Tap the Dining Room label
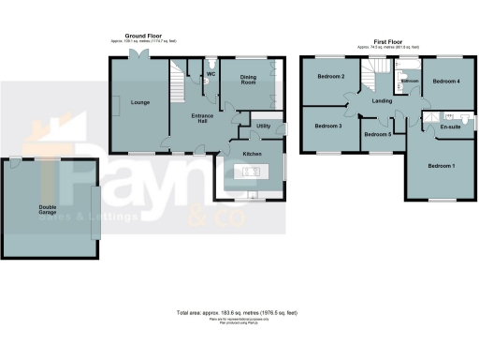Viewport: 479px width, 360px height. (x=248, y=81)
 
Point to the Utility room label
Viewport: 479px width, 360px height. (x=263, y=125)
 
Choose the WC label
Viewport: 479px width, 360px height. (x=210, y=73)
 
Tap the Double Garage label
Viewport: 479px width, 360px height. (x=50, y=211)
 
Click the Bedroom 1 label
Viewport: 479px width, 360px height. (x=441, y=166)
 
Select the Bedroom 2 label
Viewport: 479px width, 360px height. (x=330, y=77)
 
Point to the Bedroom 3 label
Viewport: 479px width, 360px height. (x=327, y=126)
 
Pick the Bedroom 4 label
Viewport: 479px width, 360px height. (x=446, y=82)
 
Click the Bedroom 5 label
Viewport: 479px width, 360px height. (x=377, y=135)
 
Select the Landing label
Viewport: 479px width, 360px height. (x=381, y=100)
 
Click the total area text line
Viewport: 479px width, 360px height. (x=237, y=312)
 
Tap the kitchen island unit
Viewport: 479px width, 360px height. (x=250, y=171)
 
